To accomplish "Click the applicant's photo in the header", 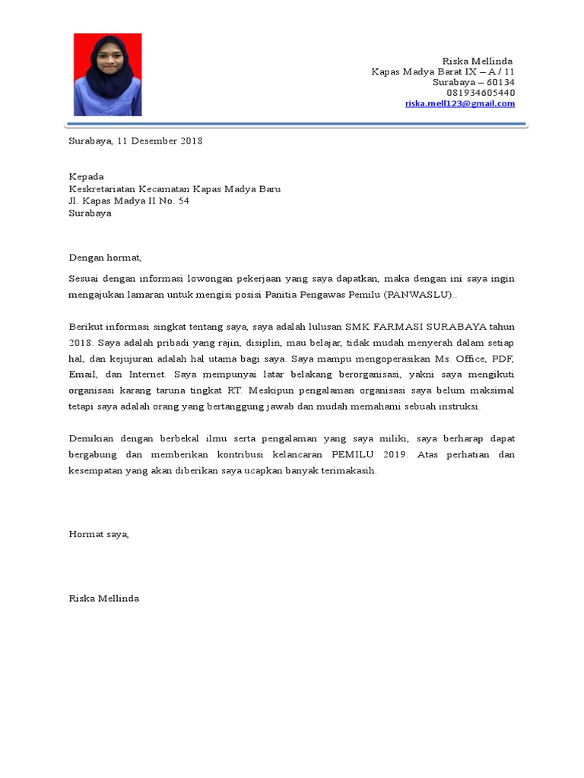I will coord(107,74).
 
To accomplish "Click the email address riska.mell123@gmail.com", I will coord(459,103).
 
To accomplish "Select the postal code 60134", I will coord(500,82).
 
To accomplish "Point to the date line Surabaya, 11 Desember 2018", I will coord(135,141).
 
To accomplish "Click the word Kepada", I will coord(86,177).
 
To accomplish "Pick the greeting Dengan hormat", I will coord(105,258).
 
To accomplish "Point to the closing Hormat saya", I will coord(99,534).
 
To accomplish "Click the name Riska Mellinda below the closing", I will coord(103,599).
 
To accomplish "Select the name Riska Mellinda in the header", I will coord(478,61).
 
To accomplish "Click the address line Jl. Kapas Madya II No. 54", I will coord(129,201).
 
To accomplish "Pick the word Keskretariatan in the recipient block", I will coord(102,189).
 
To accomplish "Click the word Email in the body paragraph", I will coord(83,374).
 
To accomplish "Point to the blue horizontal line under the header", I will coord(297,124).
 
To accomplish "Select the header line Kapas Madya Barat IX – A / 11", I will coord(443,71).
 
